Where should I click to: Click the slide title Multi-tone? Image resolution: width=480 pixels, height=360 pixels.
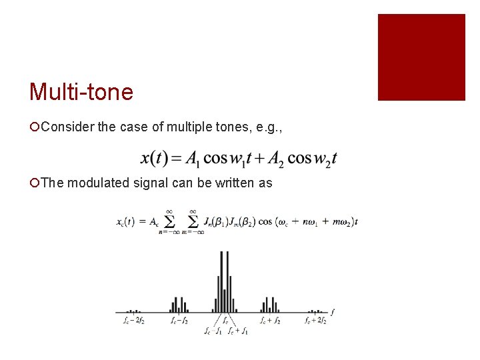pos(81,92)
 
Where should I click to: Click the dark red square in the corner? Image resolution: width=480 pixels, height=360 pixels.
pos(421,57)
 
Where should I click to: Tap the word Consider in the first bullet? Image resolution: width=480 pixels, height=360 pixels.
pos(67,127)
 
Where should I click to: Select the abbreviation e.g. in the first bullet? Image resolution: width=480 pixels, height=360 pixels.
pos(267,127)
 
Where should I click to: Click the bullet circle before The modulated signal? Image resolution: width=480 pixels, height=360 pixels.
pos(35,182)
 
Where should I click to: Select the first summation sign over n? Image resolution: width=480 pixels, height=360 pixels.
pos(169,221)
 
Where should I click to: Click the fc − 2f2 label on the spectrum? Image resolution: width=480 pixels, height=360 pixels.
pos(134,321)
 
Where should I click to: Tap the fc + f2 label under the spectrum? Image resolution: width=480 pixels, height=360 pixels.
pos(270,321)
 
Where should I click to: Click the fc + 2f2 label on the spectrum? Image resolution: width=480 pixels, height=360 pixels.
pos(315,321)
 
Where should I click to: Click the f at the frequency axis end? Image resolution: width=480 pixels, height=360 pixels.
pos(332,311)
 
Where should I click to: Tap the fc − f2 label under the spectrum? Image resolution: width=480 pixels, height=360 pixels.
pos(179,321)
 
